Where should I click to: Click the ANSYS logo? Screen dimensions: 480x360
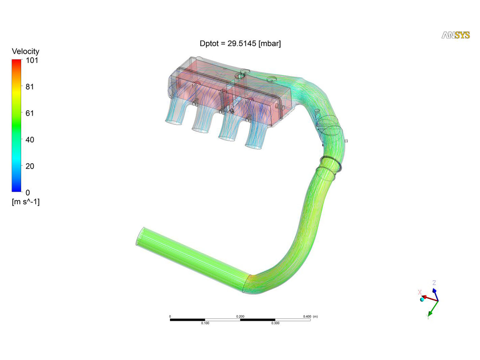455,35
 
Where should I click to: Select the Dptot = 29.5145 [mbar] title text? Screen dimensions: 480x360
240,44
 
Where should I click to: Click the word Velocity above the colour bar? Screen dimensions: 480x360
26,52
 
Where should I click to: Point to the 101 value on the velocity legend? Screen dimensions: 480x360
32,60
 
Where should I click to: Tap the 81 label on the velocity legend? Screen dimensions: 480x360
30,87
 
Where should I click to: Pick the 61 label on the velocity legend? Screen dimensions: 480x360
30,113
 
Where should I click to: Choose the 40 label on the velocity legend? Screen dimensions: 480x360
30,140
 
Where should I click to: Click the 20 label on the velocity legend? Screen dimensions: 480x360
30,166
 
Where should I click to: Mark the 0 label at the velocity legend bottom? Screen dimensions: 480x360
28,193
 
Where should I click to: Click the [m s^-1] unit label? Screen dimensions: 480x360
26,202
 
